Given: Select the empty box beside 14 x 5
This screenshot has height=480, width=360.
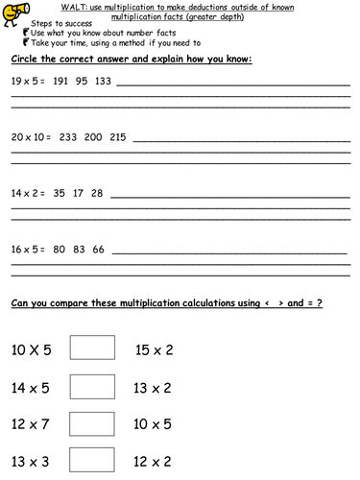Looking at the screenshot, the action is [x=92, y=386].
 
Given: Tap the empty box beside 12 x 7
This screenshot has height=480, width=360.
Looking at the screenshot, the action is [x=92, y=422].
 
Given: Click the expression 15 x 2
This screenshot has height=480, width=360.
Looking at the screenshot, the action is [x=154, y=350].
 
